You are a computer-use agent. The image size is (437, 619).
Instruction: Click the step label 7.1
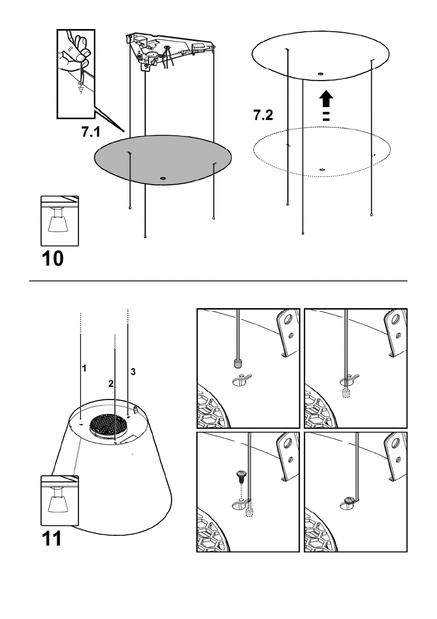tap(91, 132)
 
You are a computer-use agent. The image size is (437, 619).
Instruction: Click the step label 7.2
tap(263, 115)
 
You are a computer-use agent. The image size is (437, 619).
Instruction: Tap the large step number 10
tap(53, 259)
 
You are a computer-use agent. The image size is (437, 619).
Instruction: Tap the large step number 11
tap(52, 538)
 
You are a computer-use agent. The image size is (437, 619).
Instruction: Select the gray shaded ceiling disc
tap(163, 160)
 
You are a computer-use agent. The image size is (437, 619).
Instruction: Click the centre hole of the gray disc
tap(163, 178)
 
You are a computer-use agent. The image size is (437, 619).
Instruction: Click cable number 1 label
tap(84, 368)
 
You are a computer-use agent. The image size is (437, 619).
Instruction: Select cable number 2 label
tap(111, 384)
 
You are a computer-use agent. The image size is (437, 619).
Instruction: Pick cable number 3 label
tap(133, 372)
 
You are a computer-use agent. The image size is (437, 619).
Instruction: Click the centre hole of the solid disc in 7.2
tap(320, 73)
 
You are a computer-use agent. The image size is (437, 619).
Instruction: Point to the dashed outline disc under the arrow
tap(322, 152)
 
